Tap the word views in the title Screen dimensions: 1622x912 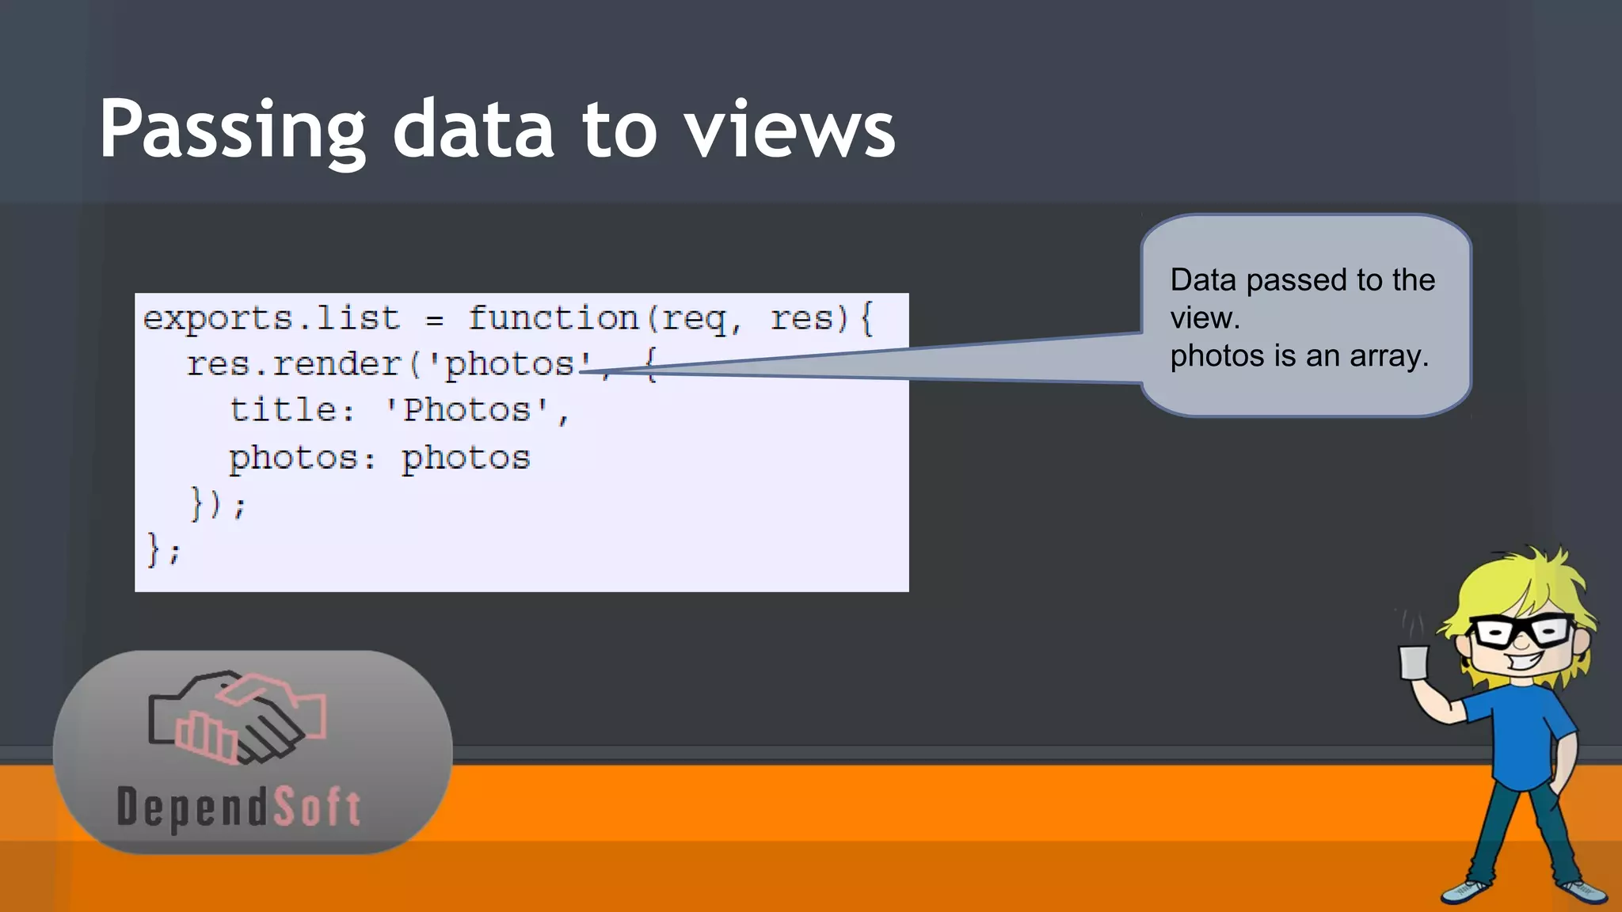click(x=790, y=131)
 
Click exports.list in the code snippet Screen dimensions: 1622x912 click(x=271, y=318)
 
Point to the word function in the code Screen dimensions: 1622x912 click(x=553, y=318)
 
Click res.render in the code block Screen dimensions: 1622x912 click(x=294, y=364)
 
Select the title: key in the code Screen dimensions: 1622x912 click(x=291, y=410)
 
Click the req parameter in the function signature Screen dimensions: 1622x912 click(x=694, y=319)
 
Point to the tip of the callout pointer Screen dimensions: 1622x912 click(x=586, y=370)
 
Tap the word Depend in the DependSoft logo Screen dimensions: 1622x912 click(x=192, y=807)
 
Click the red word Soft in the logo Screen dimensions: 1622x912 click(x=318, y=807)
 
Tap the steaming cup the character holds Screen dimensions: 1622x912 click(x=1414, y=662)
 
